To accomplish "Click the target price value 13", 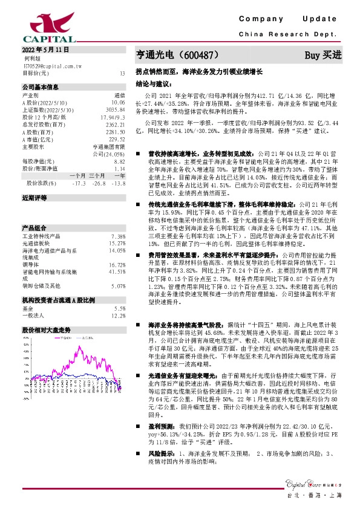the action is [x=122, y=73].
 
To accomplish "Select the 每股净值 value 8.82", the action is [x=119, y=162].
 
